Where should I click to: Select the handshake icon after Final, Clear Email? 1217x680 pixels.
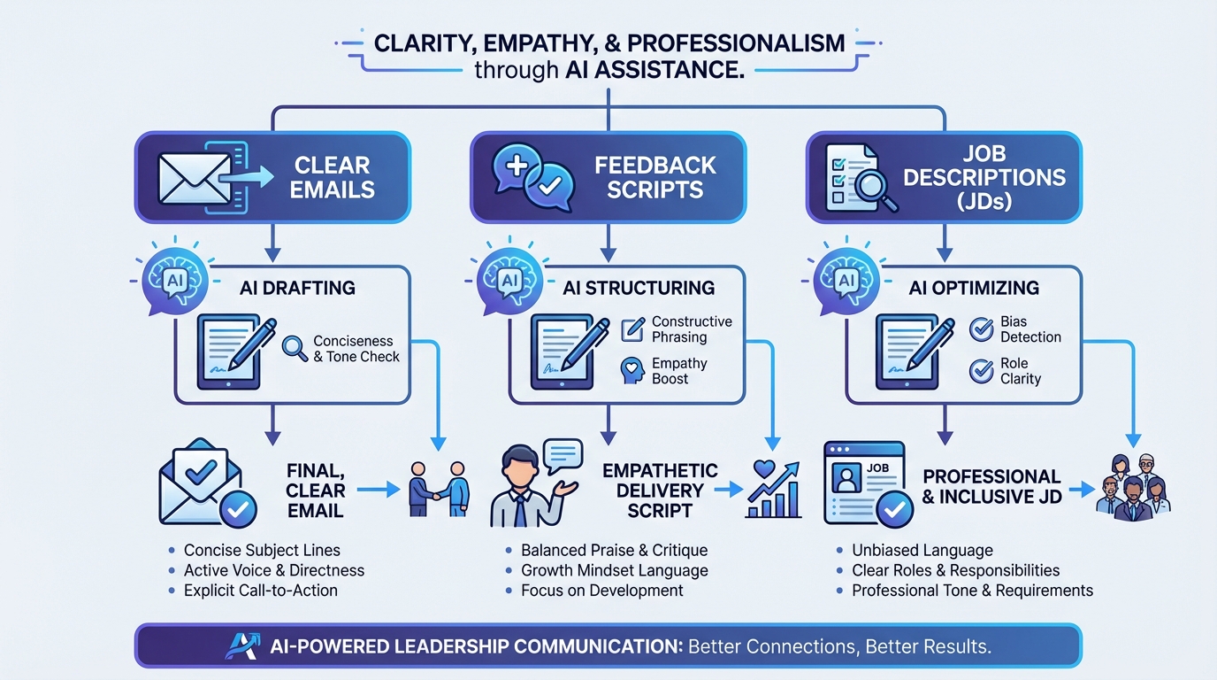click(438, 487)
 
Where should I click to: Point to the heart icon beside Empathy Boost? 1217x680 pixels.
click(632, 371)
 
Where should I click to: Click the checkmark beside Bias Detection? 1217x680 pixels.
click(981, 329)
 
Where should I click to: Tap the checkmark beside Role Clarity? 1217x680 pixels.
click(981, 371)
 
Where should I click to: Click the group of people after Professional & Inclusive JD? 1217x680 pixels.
click(1133, 489)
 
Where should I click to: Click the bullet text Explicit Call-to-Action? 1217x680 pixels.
click(260, 591)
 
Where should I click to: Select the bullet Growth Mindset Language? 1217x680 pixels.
click(614, 571)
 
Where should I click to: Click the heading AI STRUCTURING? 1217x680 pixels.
click(639, 288)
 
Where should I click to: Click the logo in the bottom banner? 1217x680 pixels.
click(241, 645)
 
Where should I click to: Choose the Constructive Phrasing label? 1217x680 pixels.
click(692, 329)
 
